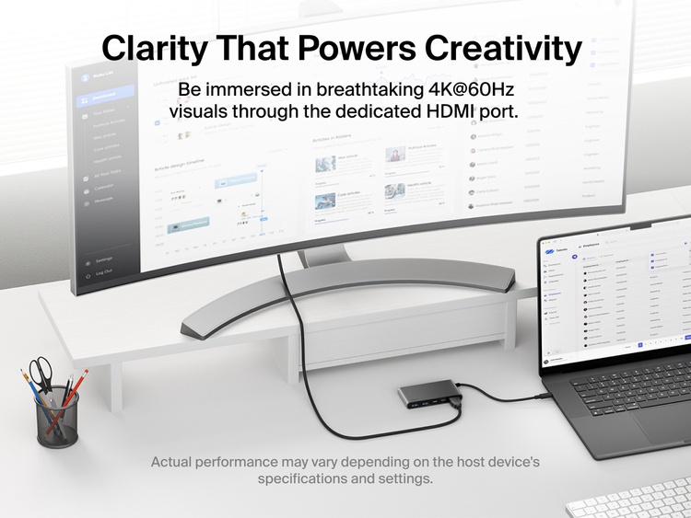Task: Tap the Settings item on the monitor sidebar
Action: coord(104,260)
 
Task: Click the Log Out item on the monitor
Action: coord(103,272)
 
